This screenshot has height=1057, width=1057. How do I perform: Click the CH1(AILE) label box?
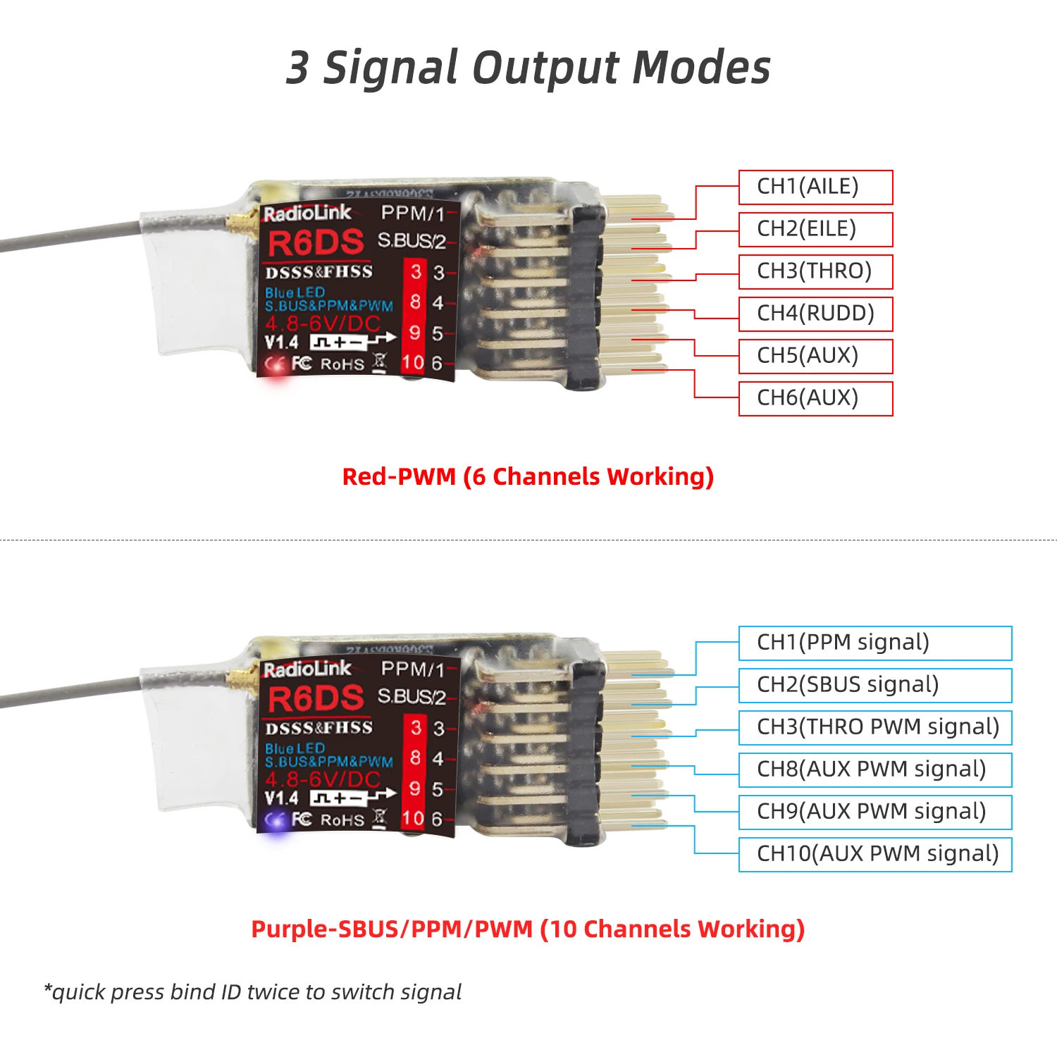(815, 187)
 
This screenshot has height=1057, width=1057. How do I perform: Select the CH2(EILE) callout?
(815, 230)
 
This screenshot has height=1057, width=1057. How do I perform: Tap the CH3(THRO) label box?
(815, 272)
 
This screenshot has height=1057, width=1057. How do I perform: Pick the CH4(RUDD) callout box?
(815, 314)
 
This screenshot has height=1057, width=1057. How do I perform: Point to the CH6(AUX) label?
(815, 399)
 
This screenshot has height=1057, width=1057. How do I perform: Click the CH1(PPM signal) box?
(875, 643)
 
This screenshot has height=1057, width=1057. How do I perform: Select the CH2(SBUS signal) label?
(875, 686)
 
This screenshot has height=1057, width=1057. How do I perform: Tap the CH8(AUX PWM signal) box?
(875, 770)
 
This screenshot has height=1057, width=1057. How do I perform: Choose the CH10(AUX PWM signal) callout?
(875, 855)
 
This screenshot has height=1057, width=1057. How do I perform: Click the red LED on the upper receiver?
(276, 366)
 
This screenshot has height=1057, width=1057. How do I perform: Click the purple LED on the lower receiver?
(276, 821)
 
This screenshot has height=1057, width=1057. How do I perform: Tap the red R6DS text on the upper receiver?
(316, 243)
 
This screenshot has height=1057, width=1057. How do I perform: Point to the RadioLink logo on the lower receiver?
(307, 669)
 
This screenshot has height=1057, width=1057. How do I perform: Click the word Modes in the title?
(702, 68)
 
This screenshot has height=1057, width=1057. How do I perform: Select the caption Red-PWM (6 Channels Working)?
(528, 477)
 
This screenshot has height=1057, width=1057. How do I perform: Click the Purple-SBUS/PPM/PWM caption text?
(392, 929)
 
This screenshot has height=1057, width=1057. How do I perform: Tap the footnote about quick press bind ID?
(252, 992)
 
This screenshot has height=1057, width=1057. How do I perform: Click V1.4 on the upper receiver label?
(282, 342)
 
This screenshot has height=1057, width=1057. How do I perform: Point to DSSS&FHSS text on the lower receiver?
(319, 727)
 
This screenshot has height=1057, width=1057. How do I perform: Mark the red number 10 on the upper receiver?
(412, 363)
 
